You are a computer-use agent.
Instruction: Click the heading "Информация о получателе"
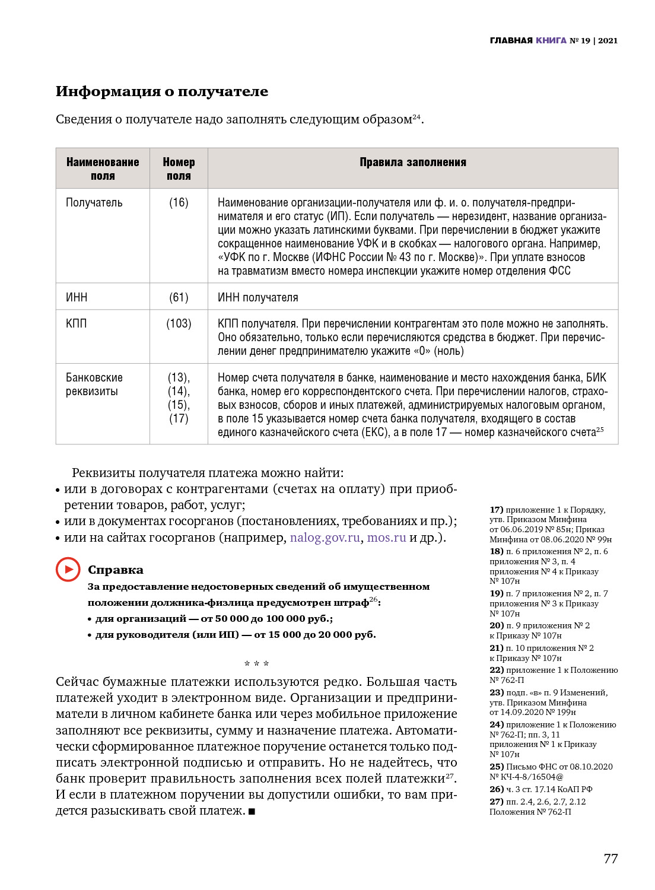click(x=161, y=91)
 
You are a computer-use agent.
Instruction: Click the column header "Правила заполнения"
click(x=412, y=163)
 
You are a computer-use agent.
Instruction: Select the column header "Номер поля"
click(x=179, y=169)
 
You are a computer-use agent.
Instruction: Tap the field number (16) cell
click(x=179, y=203)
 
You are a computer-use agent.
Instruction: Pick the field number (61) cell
click(x=179, y=297)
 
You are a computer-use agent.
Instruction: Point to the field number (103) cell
click(x=179, y=324)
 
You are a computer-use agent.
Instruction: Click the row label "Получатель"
click(x=94, y=203)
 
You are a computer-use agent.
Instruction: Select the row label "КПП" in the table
click(x=76, y=324)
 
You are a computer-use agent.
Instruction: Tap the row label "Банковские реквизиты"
click(x=94, y=384)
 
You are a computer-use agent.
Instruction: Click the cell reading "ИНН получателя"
click(x=257, y=297)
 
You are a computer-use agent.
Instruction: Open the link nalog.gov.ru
click(x=325, y=538)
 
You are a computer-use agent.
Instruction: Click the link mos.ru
click(x=386, y=538)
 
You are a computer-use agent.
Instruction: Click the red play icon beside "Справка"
click(x=68, y=570)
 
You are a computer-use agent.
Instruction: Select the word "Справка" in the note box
click(x=116, y=570)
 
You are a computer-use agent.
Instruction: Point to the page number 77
click(x=611, y=859)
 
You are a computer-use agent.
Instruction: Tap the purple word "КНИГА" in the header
click(x=551, y=41)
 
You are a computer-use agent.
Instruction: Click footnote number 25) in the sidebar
click(x=497, y=767)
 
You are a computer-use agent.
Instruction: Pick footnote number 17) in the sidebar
click(x=497, y=510)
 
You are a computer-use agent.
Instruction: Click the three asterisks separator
click(x=256, y=664)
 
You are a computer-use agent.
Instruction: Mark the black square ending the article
click(x=252, y=812)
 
